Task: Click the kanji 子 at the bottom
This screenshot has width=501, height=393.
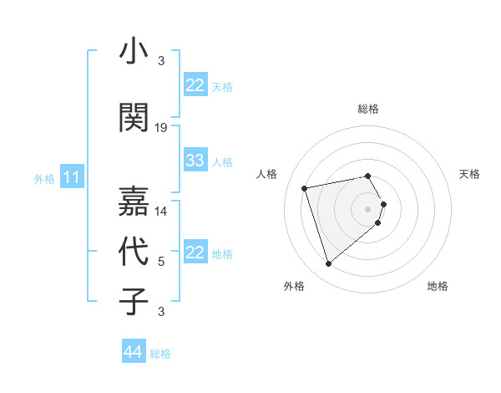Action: (x=134, y=301)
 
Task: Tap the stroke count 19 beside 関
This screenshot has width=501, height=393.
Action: (x=161, y=127)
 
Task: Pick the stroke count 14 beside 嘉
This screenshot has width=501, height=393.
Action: (x=161, y=212)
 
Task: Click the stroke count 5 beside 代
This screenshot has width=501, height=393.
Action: (x=161, y=262)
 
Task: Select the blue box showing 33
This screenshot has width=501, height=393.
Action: (x=195, y=161)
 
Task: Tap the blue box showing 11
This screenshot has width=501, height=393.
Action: (x=71, y=177)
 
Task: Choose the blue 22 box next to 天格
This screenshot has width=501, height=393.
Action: (x=195, y=85)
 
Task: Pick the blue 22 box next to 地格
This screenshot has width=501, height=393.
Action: (x=195, y=253)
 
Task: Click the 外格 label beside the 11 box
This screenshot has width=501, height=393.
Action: (x=44, y=178)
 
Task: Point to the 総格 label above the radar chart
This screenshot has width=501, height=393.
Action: (x=368, y=109)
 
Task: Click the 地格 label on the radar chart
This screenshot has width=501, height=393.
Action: (x=438, y=286)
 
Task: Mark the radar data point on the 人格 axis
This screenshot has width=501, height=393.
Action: (x=305, y=187)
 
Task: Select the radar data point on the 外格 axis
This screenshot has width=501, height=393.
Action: (x=329, y=263)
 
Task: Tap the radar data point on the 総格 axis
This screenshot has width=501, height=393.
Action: (x=368, y=176)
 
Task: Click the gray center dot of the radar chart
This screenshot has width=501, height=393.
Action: (x=368, y=207)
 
